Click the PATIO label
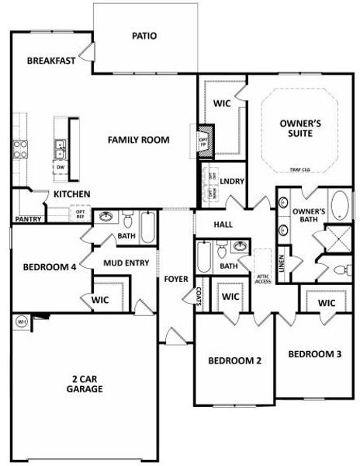144,36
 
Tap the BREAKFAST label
50,61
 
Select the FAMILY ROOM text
138,140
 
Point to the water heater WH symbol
21,320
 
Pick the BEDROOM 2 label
234,360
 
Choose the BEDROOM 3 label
314,354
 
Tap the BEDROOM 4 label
49,266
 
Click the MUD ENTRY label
126,263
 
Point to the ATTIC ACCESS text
263,279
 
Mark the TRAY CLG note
300,169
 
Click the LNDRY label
232,182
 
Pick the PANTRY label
28,219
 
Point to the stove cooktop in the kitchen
20,148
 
